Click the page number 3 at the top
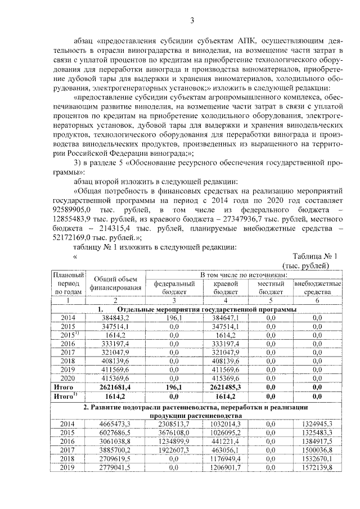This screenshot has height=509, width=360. [x=191, y=21]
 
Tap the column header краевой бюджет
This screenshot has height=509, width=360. [x=227, y=288]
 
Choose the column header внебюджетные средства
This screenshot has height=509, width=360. [x=318, y=288]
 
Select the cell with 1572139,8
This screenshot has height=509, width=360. [x=318, y=467]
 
